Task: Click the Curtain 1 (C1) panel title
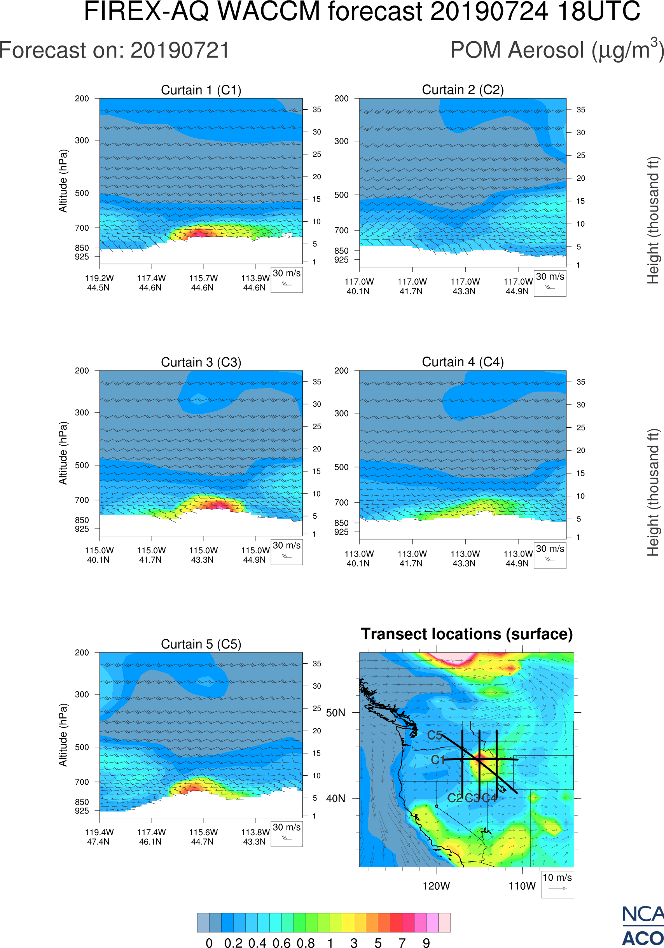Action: coord(201,90)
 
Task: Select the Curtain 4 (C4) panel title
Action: coord(463,362)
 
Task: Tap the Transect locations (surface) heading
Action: coord(467,634)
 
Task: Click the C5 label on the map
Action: coord(435,735)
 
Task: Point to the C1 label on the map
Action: coord(437,760)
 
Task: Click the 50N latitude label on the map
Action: coord(335,713)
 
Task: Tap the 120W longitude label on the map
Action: coord(436,886)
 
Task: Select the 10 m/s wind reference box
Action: coord(557,884)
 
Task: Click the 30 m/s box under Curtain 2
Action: coord(550,283)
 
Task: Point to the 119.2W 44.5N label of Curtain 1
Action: coord(99,283)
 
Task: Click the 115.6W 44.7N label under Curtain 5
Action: coord(203,837)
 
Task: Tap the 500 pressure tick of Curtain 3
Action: coord(82,465)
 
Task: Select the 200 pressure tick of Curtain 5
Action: coord(82,653)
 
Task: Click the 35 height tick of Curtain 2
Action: coord(581,110)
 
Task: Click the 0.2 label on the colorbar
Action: coord(233,943)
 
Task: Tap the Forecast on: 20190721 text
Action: coord(114,51)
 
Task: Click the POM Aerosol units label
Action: coord(557,50)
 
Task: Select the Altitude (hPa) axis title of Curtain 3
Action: coord(63,453)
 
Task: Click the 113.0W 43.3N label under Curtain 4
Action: coord(465,559)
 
